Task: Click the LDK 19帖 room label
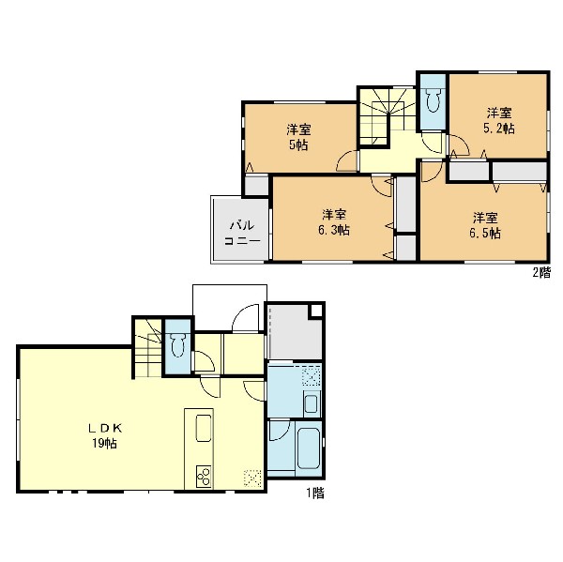point(105,435)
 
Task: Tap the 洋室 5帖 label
point(298,137)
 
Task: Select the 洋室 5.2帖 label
point(499,120)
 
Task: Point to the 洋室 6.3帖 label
point(334,222)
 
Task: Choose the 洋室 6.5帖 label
point(485,225)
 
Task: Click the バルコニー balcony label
point(242,233)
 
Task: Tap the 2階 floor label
point(541,273)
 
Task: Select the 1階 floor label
point(315,494)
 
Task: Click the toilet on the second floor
point(433,99)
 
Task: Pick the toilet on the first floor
point(177,345)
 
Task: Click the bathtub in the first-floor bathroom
point(309,448)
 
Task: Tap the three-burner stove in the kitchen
point(204,477)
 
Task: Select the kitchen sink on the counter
point(204,428)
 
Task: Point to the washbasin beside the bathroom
point(312,404)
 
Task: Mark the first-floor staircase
point(148,347)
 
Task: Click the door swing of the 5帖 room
point(346,160)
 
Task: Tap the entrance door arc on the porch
point(245,317)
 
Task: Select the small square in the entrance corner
point(315,311)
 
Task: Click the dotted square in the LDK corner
point(252,478)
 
